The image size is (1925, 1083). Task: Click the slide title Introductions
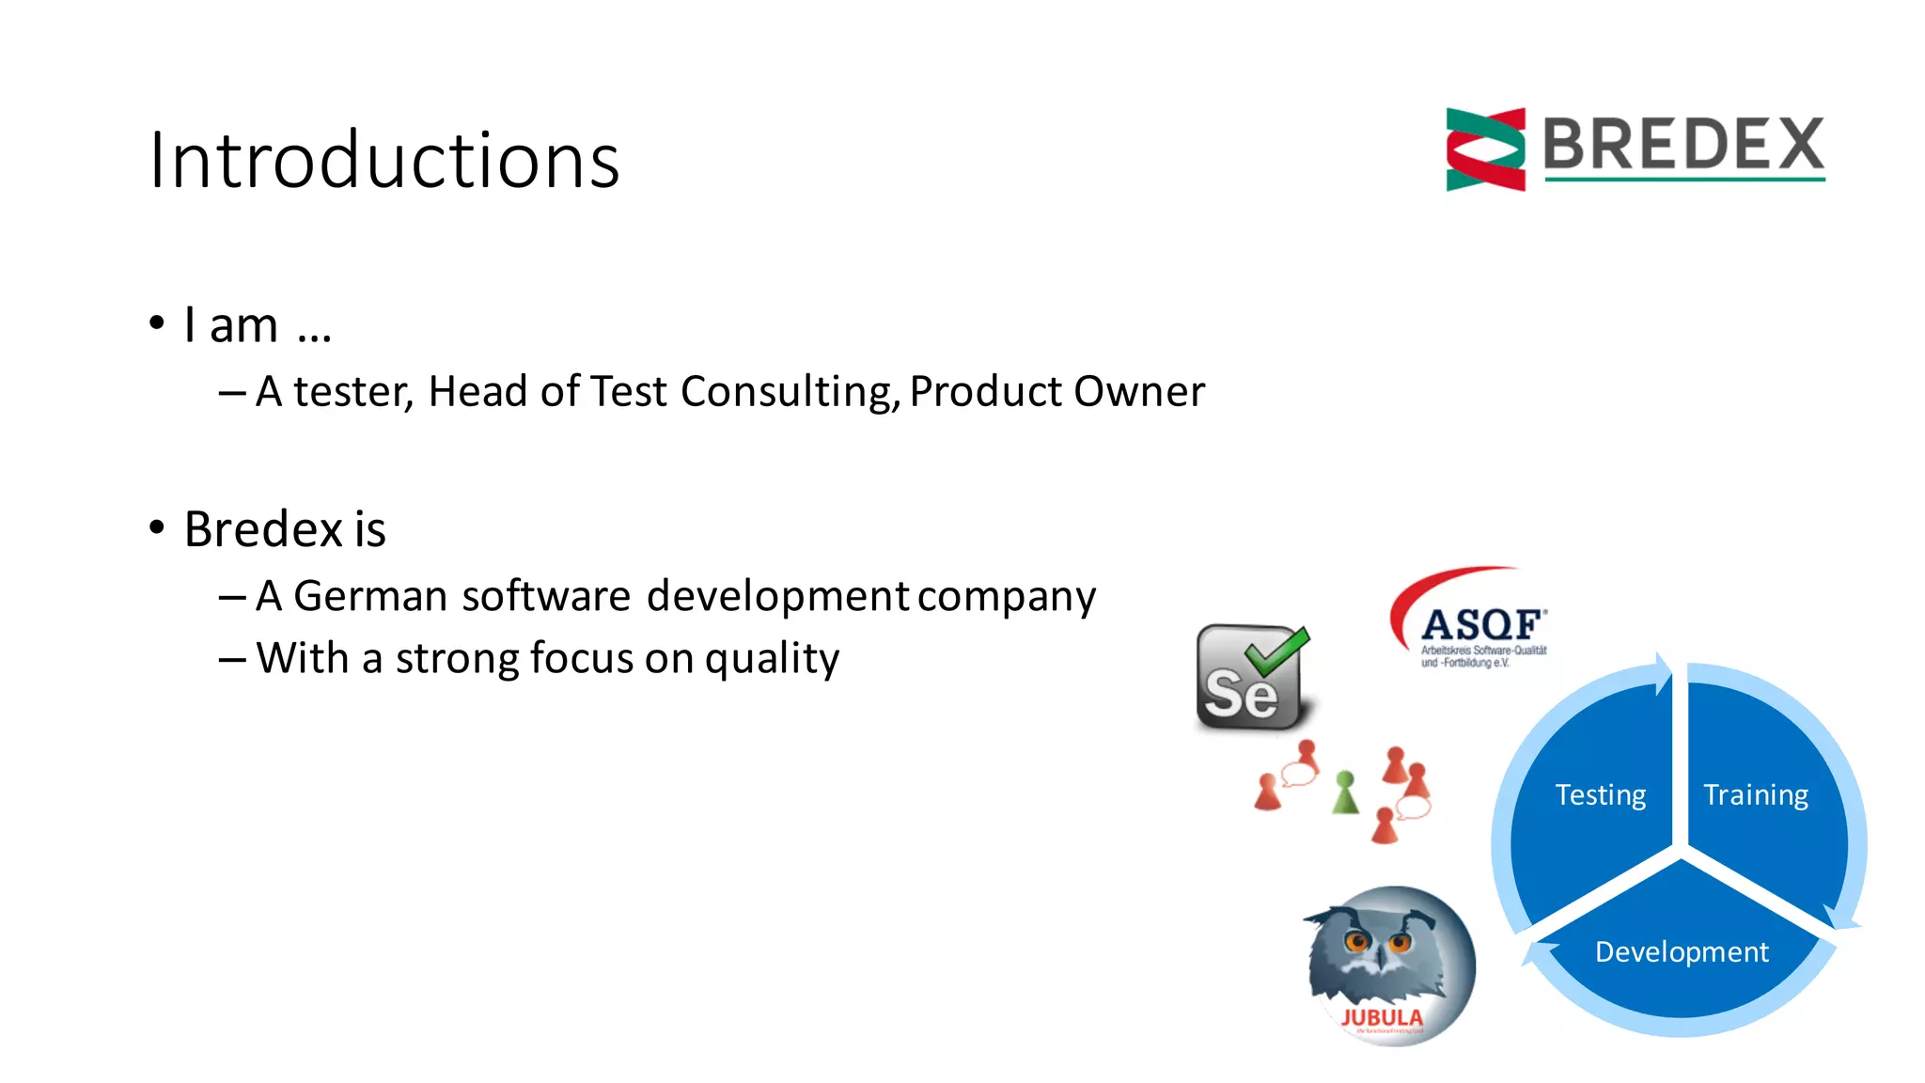point(383,160)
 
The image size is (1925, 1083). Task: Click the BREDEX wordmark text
point(1682,145)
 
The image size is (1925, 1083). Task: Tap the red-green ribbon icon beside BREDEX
point(1485,149)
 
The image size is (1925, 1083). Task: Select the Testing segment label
point(1600,795)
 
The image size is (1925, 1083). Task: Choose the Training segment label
point(1755,795)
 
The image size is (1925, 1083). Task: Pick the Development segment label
point(1681,952)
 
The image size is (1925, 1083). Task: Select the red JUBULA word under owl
point(1381,1017)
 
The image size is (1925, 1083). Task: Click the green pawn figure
point(1345,793)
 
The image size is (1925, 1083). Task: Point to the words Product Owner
point(1056,392)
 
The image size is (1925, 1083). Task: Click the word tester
point(352,392)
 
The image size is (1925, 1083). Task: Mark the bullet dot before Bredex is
point(157,527)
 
